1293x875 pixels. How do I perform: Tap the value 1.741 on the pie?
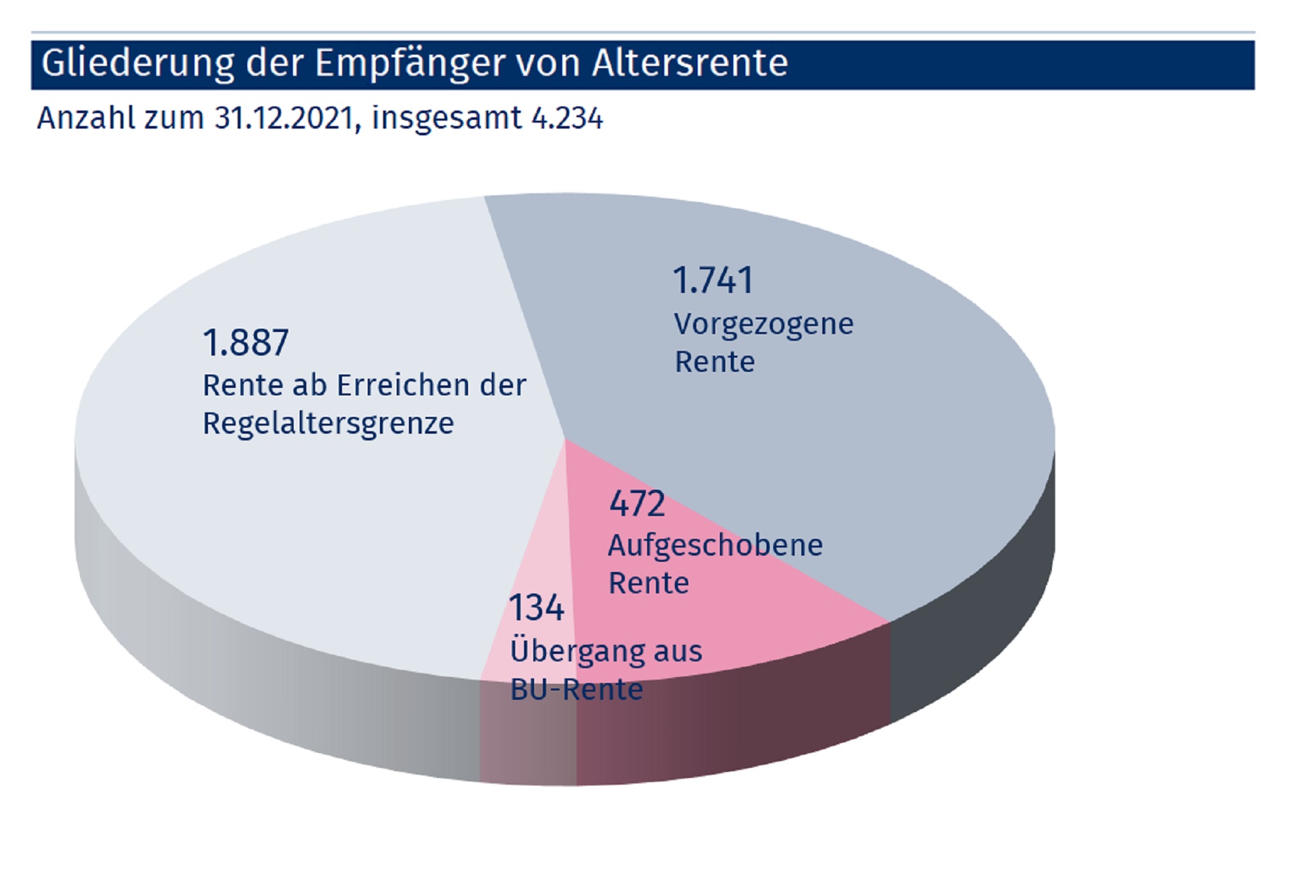[712, 280]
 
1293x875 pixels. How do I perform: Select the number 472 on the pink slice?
[636, 503]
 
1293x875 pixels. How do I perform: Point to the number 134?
[536, 608]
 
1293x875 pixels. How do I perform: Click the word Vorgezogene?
[764, 325]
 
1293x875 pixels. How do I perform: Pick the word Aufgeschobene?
[715, 546]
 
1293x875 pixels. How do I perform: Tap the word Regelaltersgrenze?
[329, 424]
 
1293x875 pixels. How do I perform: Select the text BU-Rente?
[576, 690]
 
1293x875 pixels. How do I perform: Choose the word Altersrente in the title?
[690, 63]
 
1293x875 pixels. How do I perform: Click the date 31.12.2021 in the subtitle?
[284, 118]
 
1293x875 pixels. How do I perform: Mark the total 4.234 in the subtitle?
[567, 118]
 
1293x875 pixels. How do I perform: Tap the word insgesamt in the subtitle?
[446, 119]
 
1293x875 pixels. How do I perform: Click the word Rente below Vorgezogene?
[715, 362]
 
